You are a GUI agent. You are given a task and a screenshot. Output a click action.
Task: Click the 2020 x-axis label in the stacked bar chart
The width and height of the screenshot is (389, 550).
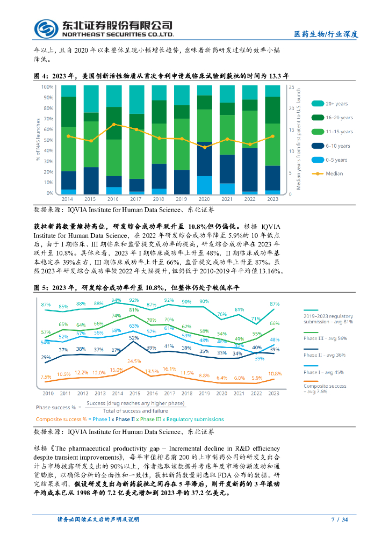pos(204,199)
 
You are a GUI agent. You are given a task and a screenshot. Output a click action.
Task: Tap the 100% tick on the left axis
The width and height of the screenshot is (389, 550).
pos(47,86)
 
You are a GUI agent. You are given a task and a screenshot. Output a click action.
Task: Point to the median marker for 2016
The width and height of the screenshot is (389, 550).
pos(113,124)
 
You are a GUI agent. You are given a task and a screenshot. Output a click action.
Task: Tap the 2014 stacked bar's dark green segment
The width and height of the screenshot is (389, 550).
pos(68,111)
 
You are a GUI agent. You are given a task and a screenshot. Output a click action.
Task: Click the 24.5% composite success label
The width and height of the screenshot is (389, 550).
pos(134,361)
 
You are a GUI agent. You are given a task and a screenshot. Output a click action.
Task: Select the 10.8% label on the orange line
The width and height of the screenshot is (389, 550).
pos(275,373)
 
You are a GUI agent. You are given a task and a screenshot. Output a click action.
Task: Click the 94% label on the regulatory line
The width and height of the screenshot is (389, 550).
pos(116,300)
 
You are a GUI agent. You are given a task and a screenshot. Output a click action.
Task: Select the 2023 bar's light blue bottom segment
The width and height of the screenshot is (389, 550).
pos(272,192)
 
